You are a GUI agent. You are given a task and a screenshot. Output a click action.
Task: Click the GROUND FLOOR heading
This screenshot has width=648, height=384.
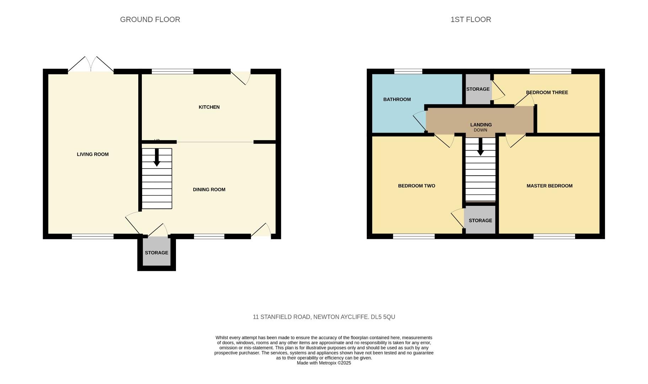coord(150,20)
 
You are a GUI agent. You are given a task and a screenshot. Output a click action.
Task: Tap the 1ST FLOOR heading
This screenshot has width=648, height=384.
coord(471,20)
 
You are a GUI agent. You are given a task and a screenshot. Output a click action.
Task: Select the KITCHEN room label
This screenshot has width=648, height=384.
coord(209,107)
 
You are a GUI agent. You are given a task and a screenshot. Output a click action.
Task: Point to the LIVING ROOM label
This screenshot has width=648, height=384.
coord(93,154)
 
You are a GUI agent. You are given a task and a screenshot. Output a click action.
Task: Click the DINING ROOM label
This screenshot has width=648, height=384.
coord(209,190)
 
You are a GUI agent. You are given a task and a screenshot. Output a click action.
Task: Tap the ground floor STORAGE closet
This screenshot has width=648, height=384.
coord(156,253)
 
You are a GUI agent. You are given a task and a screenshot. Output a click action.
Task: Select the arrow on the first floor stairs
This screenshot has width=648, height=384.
coord(480,147)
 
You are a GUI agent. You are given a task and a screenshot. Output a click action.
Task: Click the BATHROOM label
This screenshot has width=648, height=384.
coord(397,100)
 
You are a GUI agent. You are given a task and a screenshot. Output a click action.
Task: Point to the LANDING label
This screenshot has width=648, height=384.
coord(481,125)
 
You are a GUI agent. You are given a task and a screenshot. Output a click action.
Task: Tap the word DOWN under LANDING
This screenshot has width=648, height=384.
coord(481,130)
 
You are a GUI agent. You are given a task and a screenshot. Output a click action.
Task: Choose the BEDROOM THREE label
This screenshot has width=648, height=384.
coord(547,92)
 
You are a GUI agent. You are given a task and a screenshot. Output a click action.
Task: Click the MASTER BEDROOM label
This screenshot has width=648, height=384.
coord(550,186)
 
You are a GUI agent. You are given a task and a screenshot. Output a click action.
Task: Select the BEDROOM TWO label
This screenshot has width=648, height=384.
coord(417,186)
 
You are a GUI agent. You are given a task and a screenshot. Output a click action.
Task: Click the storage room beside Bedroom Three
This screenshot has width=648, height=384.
coord(478,89)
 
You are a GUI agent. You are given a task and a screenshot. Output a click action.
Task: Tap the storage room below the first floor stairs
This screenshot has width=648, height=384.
coord(480,220)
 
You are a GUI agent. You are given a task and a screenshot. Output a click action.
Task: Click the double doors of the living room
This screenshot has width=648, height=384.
coord(91,65)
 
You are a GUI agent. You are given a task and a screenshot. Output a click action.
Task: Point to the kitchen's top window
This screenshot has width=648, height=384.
coord(172,71)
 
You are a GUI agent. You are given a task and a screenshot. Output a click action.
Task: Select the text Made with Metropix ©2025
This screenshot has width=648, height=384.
coord(324,363)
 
